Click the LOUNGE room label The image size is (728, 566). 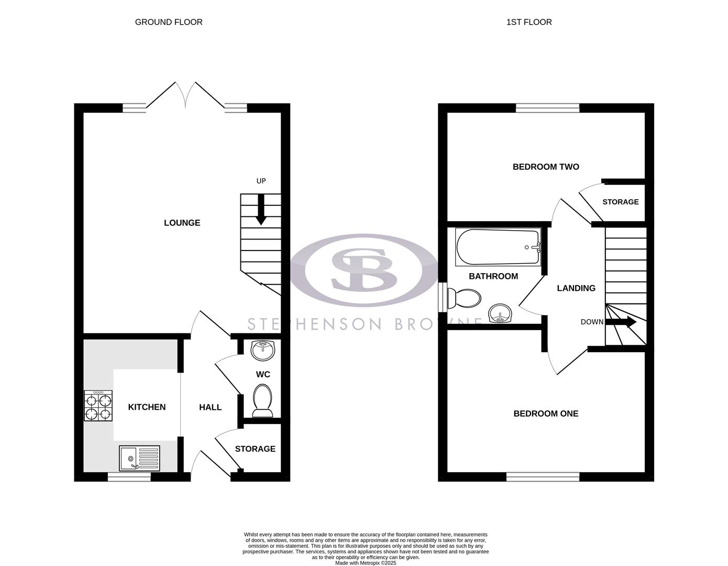[x=182, y=223]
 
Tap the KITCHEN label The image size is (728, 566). [x=147, y=407]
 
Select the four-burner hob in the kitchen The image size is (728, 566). [x=98, y=406]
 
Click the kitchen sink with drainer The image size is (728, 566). [x=139, y=458]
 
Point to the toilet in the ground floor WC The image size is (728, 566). [x=262, y=400]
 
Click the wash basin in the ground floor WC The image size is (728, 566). [x=263, y=351]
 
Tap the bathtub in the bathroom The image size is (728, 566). [x=498, y=247]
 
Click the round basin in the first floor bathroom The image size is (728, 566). [x=501, y=314]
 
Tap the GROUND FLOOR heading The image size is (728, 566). [x=169, y=22]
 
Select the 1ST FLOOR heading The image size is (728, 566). [x=528, y=22]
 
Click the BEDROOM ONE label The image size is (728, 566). [x=546, y=413]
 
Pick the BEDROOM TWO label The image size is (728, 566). [x=546, y=167]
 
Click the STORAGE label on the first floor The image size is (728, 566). [x=620, y=202]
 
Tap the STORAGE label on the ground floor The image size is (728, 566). [x=255, y=449]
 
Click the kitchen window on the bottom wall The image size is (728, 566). [x=129, y=477]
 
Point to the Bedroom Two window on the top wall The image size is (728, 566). [x=547, y=108]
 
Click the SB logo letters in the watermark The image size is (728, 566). [x=364, y=270]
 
